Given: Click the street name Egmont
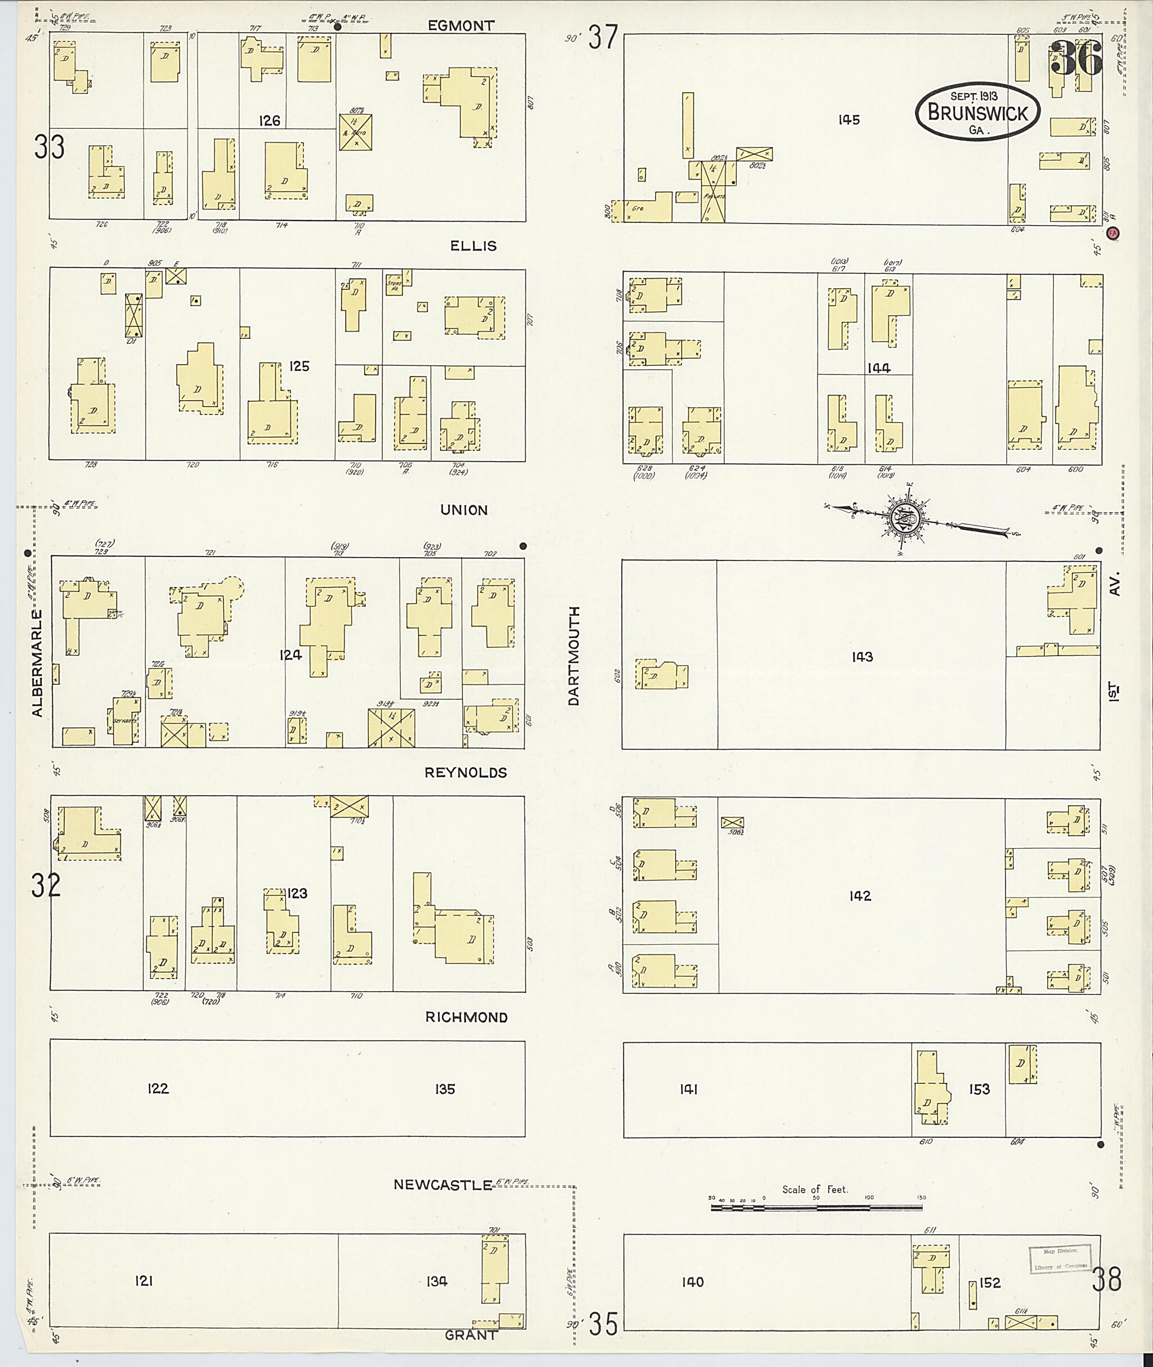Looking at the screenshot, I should click(x=461, y=26).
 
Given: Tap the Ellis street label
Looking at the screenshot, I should click(x=473, y=246).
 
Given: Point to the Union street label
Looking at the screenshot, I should click(x=463, y=510).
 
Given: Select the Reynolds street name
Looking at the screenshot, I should click(x=466, y=773).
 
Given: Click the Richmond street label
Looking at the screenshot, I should click(x=466, y=1018).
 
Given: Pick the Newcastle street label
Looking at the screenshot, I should click(x=443, y=1185).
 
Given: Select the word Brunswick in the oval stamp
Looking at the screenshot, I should click(x=977, y=113).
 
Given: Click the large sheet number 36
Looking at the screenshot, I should click(x=1076, y=59).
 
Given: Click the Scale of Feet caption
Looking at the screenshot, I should click(x=815, y=1189).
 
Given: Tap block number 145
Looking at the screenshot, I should click(x=848, y=119).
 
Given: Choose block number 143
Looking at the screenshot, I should click(x=861, y=657).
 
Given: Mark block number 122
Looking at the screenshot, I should click(x=158, y=1088).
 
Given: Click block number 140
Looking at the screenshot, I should click(x=692, y=1282).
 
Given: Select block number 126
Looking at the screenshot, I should click(x=269, y=120).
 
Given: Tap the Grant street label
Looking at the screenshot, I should click(x=471, y=1335).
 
